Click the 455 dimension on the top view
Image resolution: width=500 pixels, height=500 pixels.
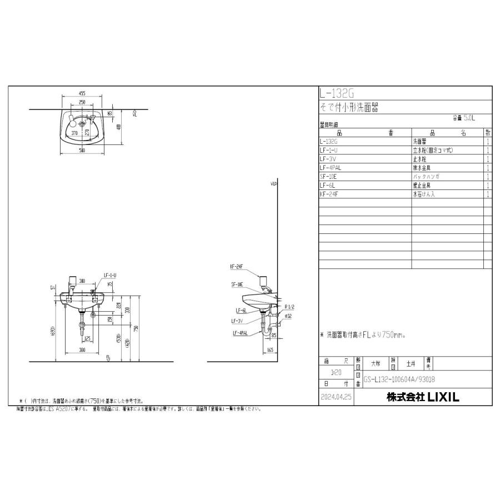(x=82, y=94)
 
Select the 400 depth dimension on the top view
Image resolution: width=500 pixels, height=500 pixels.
(x=119, y=127)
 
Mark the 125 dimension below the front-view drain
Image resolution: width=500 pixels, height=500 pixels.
(x=87, y=338)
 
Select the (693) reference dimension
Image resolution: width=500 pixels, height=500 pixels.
(x=52, y=331)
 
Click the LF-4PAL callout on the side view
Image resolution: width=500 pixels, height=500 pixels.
(x=240, y=333)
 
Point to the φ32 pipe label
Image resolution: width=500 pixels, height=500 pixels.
(x=288, y=316)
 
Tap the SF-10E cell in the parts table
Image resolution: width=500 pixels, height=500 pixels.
(x=329, y=176)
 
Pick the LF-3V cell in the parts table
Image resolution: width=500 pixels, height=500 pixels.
(x=328, y=159)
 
